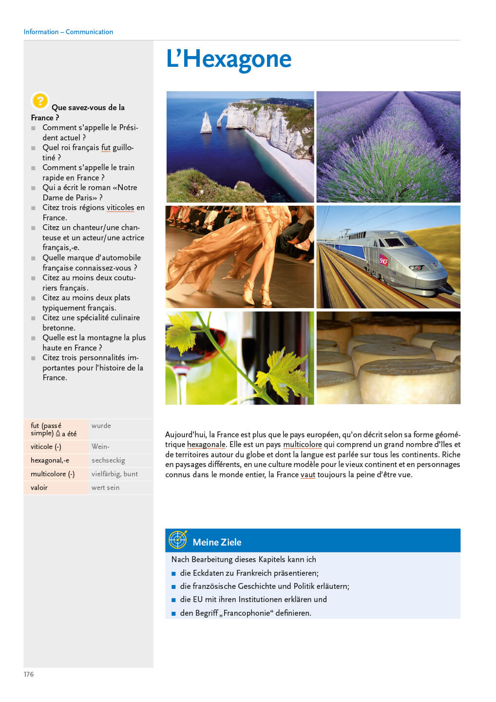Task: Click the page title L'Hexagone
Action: point(229,59)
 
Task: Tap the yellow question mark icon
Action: point(39,101)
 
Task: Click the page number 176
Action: point(29,674)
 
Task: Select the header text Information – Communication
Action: point(68,32)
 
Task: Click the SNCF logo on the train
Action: point(384,260)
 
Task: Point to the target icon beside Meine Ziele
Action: point(178,540)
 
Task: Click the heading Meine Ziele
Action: point(217,542)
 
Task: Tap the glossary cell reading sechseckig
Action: point(108,460)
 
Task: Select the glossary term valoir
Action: point(39,487)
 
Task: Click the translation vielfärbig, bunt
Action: point(114,474)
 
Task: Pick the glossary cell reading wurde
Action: point(101,426)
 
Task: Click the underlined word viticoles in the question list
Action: point(120,208)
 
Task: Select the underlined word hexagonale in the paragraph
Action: point(206,445)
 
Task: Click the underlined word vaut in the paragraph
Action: point(308,475)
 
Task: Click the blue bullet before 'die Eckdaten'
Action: point(174,573)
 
